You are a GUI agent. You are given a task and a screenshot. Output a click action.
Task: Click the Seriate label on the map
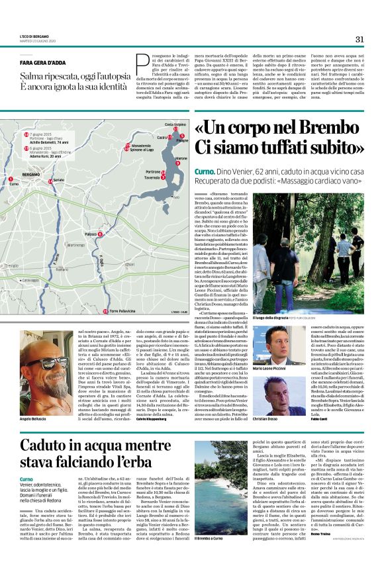point(59,180)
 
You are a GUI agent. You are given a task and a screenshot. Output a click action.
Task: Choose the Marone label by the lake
point(181,159)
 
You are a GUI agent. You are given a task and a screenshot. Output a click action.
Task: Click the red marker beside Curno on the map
point(11,179)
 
